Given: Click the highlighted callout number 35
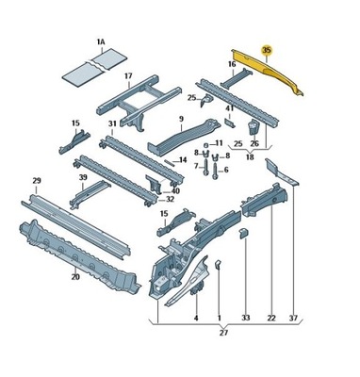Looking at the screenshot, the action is click(x=267, y=50).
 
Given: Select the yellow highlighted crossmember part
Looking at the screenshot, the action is click(x=267, y=71).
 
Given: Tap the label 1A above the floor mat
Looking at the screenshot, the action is click(x=101, y=41).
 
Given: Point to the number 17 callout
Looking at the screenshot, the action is click(x=128, y=76).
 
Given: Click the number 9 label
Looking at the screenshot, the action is click(x=181, y=119).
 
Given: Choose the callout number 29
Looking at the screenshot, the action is click(x=36, y=181).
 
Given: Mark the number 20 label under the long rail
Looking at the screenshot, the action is click(x=75, y=277).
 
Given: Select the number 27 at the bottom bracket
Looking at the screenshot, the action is click(x=223, y=333).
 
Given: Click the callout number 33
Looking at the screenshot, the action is click(x=246, y=318).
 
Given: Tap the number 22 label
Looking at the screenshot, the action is click(x=271, y=318).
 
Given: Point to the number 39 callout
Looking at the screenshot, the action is click(x=83, y=177).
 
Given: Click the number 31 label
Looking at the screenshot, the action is click(x=112, y=123).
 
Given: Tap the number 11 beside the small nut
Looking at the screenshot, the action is click(x=219, y=143).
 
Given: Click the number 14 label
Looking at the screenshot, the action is click(x=183, y=160).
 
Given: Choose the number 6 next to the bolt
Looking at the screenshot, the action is click(x=226, y=171).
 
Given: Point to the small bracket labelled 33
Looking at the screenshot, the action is click(x=244, y=234).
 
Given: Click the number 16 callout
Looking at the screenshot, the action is click(x=232, y=64).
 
